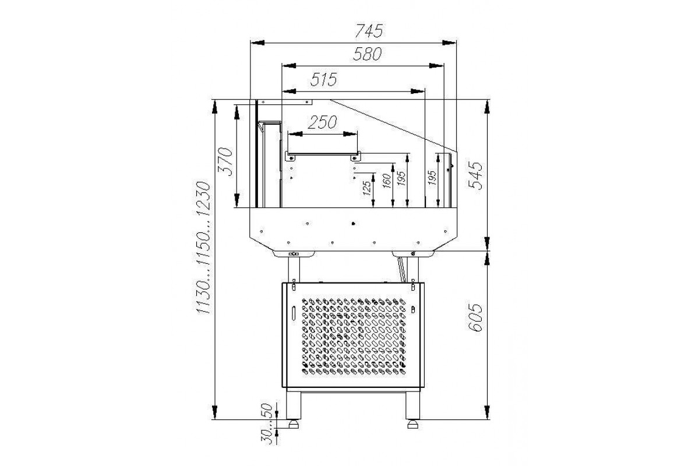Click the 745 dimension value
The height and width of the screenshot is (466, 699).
tap(369, 31)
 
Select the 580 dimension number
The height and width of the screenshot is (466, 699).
tap(368, 54)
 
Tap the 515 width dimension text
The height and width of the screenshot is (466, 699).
tap(324, 79)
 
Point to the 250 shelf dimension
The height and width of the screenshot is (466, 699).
tap(322, 122)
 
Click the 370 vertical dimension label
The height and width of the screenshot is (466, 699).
tap(226, 162)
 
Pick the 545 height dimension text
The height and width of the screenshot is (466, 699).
tap(475, 175)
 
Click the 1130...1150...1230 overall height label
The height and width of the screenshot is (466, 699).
tap(203, 248)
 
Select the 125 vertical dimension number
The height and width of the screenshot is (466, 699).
tap(368, 188)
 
